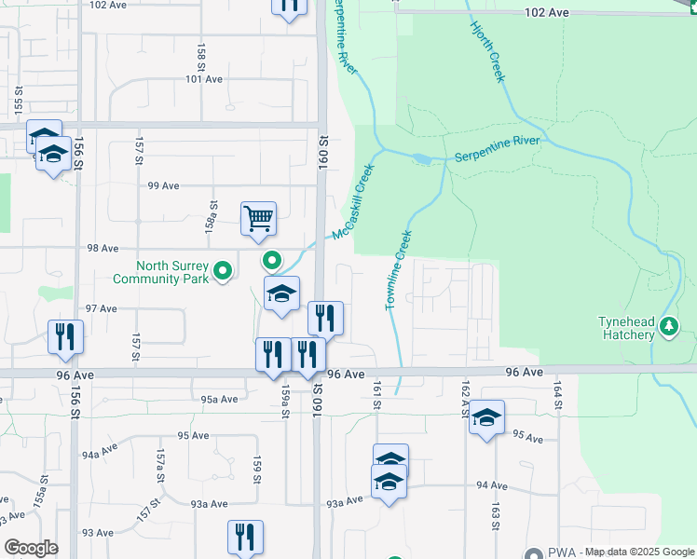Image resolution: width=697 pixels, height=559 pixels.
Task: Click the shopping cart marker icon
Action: [x=259, y=218]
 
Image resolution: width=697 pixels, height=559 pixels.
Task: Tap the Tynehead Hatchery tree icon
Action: [x=668, y=326]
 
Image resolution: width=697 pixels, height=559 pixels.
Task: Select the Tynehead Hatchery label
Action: [x=626, y=328]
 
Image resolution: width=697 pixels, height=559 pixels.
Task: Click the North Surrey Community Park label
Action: [x=161, y=271]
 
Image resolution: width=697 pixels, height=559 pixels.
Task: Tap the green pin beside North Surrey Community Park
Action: [x=223, y=272]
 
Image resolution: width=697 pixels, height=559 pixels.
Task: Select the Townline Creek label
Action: [x=399, y=271]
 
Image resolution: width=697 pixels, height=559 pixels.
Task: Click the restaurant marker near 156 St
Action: [x=65, y=336]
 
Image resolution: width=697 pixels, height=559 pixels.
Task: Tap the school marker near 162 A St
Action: [x=486, y=416]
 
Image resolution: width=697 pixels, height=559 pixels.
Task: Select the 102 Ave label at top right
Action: [x=546, y=13]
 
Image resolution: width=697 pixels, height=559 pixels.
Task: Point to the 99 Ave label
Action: [x=164, y=186]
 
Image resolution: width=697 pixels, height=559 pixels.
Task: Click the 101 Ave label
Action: [x=204, y=80]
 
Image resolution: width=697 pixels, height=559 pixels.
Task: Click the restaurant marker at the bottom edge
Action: [x=246, y=536]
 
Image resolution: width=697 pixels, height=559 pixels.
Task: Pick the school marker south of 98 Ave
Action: [x=280, y=293]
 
